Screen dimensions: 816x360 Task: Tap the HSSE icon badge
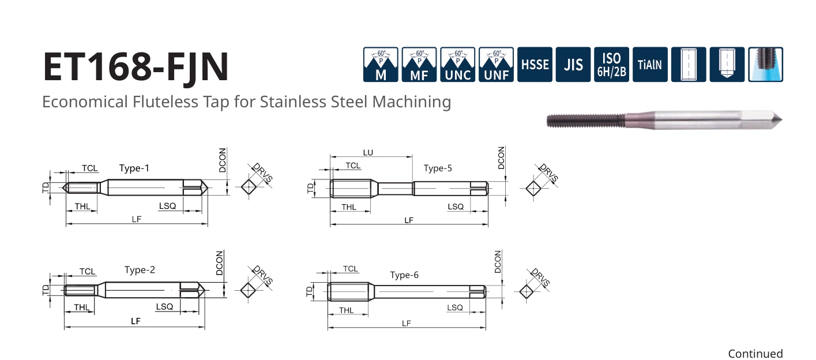coord(535,65)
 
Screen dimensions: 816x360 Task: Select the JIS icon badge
coord(573,65)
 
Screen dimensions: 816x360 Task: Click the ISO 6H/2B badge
coord(612,65)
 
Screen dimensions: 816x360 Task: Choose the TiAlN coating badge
coord(650,65)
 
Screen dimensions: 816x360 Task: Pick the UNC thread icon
coord(457,65)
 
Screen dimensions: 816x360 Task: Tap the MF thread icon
coord(419,65)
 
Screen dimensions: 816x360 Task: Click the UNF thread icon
coord(496,65)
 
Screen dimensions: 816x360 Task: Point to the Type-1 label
coord(134,168)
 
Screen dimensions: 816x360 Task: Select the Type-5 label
coord(438,168)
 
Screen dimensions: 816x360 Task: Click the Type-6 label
coord(404,275)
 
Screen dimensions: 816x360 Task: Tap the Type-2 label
coord(140,270)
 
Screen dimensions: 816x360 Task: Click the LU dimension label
coord(368,153)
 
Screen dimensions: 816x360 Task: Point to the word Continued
coord(755,354)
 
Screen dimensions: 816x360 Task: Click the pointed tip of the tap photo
coord(781,119)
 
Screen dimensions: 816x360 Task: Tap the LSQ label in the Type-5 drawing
coord(456,207)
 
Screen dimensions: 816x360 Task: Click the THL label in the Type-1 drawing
coord(82,206)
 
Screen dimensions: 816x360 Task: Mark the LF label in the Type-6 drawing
coord(406,323)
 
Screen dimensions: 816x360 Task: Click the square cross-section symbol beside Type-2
coord(248,290)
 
